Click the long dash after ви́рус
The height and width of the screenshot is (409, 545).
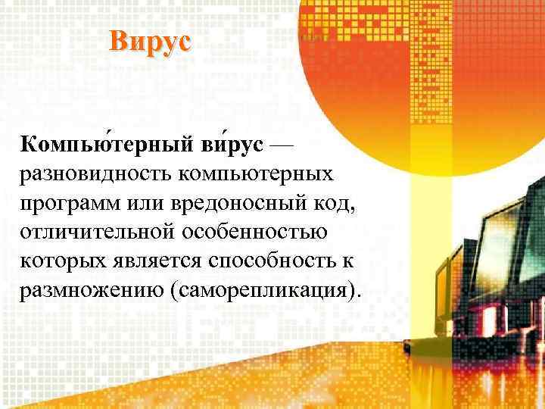(x=285, y=144)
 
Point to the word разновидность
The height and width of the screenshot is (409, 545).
(x=96, y=176)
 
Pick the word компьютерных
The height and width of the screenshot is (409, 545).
(x=257, y=176)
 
